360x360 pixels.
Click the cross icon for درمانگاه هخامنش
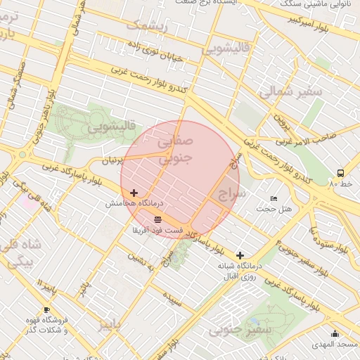pyautogui.click(x=134, y=192)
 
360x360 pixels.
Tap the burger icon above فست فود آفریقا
pyautogui.click(x=156, y=219)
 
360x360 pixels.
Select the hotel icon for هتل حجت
pyautogui.click(x=274, y=199)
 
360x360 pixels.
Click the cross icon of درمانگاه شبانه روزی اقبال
pyautogui.click(x=240, y=255)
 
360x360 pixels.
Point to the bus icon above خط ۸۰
pyautogui.click(x=341, y=172)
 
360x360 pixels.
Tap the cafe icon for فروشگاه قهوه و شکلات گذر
pyautogui.click(x=46, y=309)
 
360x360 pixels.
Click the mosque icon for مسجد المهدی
pyautogui.click(x=335, y=334)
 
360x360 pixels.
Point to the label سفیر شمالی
pyautogui.click(x=289, y=91)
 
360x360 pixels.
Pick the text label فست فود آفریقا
pyautogui.click(x=157, y=230)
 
